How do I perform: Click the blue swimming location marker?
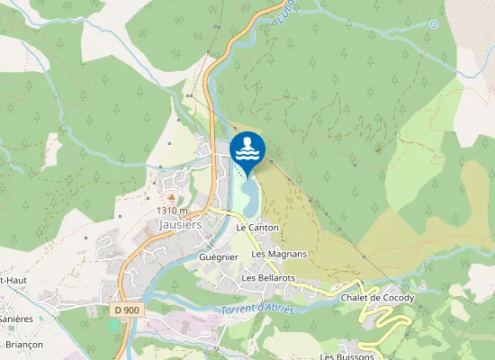click(247, 149)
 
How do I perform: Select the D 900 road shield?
click(129, 310)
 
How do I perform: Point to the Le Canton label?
click(257, 229)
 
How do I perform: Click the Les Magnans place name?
click(279, 254)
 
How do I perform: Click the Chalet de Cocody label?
click(377, 298)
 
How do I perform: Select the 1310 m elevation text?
click(172, 211)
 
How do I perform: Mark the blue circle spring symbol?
click(434, 24)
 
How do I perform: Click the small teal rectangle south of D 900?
click(113, 324)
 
